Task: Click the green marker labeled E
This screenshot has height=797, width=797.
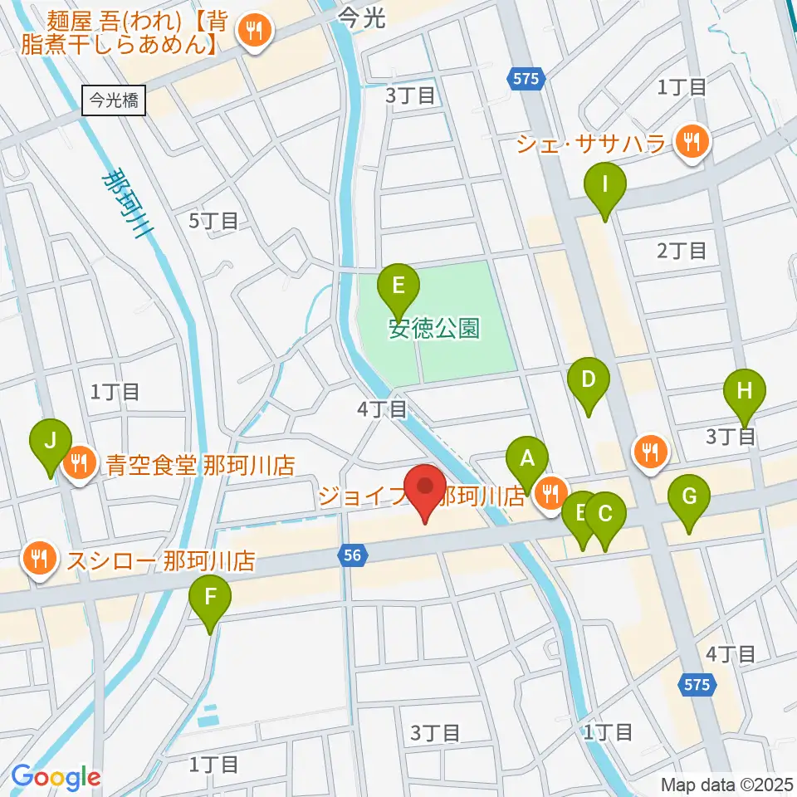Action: click(398, 286)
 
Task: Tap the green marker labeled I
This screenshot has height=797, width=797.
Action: click(605, 185)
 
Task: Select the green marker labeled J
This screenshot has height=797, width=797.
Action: click(51, 440)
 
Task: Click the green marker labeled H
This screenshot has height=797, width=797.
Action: click(744, 389)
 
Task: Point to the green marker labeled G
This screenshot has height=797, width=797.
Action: click(689, 497)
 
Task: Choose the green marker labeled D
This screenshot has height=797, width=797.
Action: click(589, 380)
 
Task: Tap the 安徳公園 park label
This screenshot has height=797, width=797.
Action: click(434, 329)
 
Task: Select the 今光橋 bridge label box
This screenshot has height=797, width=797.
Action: click(115, 100)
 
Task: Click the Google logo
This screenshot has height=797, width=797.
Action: click(56, 776)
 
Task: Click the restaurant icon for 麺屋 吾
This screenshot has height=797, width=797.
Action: click(252, 32)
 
